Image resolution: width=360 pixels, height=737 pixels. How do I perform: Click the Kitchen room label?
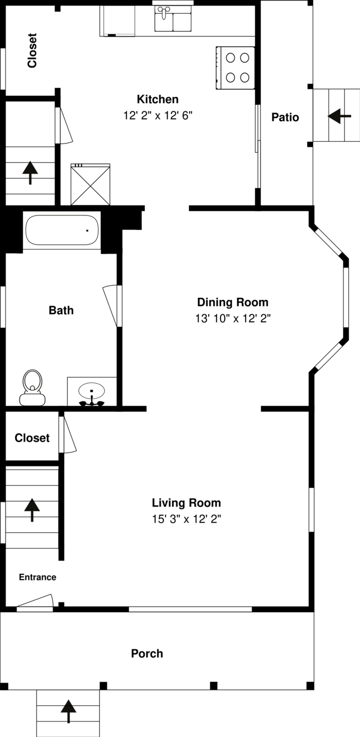(157, 99)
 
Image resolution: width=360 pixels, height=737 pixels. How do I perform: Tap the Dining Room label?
(232, 302)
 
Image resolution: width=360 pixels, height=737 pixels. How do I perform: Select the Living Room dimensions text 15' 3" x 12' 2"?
(186, 519)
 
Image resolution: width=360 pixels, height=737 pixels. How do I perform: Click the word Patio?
(285, 117)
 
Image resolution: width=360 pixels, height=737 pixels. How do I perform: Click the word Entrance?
(38, 577)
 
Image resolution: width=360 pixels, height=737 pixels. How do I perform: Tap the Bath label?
(61, 310)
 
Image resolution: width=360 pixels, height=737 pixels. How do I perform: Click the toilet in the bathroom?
(32, 388)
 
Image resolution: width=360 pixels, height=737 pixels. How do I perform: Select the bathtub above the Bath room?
(62, 230)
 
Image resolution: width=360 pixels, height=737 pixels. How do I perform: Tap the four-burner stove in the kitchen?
(235, 68)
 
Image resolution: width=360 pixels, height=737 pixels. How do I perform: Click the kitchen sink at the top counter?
(173, 19)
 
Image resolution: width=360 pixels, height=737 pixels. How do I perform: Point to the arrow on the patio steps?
(339, 116)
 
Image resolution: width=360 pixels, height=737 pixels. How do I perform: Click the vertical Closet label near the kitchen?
(32, 50)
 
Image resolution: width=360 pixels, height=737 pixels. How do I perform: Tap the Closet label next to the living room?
(32, 438)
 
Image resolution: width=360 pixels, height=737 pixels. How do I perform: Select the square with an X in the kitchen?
(91, 184)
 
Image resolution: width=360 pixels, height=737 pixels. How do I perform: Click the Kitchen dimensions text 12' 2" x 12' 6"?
(157, 116)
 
